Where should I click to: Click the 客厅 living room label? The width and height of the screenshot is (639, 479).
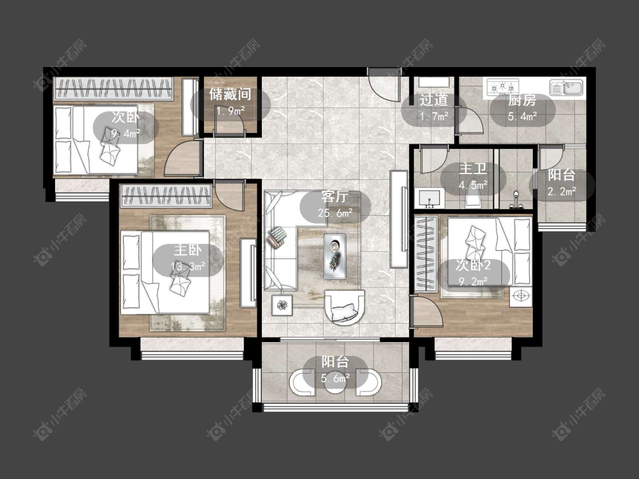[x=335, y=197]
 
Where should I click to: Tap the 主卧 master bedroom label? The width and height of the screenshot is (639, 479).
[x=187, y=251]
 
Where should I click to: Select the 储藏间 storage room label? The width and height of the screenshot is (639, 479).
[x=230, y=94]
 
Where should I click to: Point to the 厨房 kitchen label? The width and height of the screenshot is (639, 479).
[x=522, y=100]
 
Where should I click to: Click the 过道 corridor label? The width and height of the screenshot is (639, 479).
[x=433, y=100]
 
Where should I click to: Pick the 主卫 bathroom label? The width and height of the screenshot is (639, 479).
[x=473, y=169]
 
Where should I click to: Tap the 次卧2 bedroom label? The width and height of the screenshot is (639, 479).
[x=473, y=266]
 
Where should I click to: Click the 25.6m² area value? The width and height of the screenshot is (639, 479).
[x=335, y=213]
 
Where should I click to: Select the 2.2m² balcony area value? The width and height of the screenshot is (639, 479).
[x=562, y=191]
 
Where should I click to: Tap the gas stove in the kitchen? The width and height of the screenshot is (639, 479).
[x=503, y=86]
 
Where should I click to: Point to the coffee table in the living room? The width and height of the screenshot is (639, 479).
[x=335, y=256]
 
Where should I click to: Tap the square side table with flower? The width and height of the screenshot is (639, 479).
[x=282, y=305]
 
